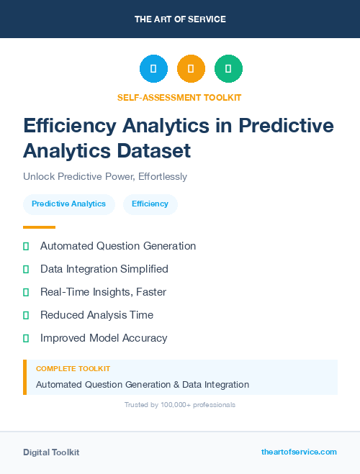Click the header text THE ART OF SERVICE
180,19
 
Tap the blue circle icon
153,69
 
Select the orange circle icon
191,69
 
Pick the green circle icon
228,69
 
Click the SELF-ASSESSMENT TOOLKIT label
179,97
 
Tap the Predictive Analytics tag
68,204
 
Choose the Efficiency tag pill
150,204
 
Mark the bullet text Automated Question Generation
118,246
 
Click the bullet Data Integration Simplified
104,269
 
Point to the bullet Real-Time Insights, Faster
103,292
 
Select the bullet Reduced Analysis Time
96,315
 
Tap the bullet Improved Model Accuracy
104,338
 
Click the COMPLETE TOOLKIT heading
73,369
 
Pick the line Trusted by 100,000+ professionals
179,405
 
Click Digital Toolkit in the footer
51,452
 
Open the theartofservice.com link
299,452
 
